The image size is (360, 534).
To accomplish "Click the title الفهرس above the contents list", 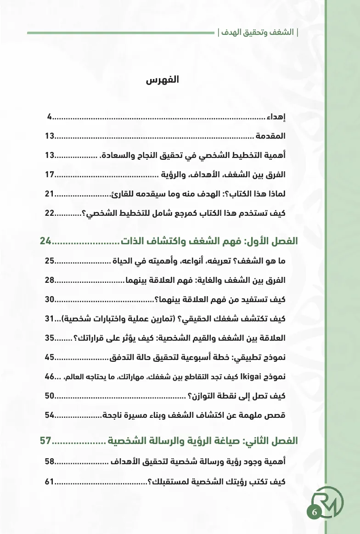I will (x=162, y=81).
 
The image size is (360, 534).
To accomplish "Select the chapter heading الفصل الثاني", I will (x=271, y=441).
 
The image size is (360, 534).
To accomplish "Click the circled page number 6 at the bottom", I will (x=315, y=512).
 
